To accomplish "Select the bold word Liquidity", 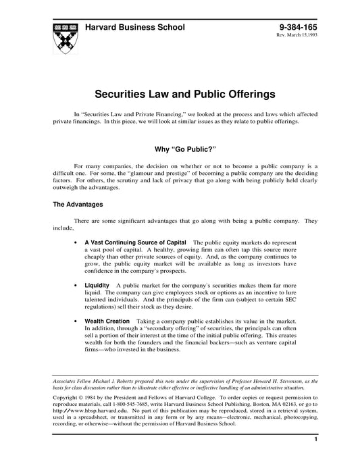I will [x=97, y=286].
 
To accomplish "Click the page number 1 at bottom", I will [x=316, y=458].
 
